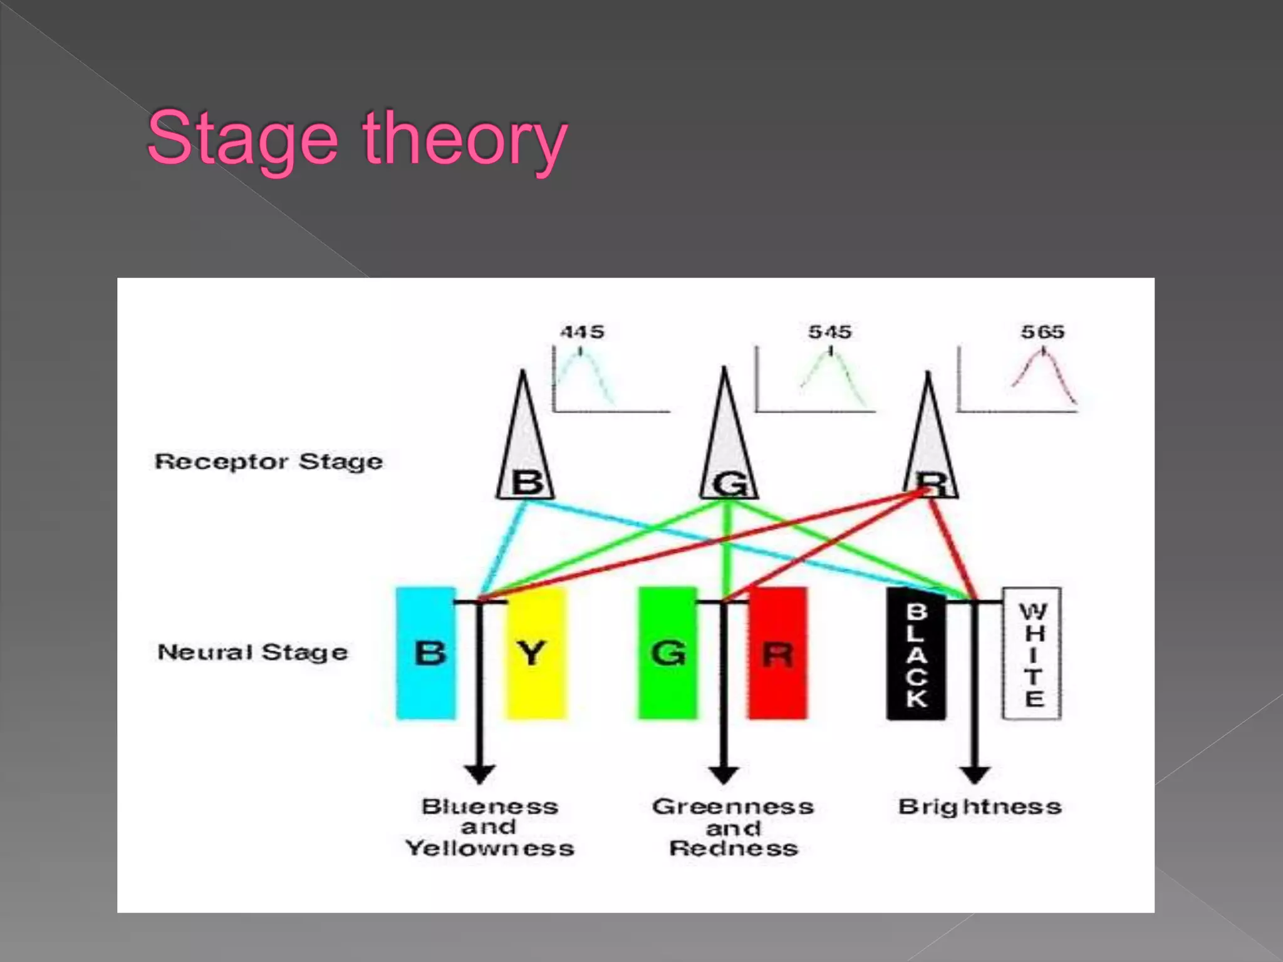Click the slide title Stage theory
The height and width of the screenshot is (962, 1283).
coord(356,139)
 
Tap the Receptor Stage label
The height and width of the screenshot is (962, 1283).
coord(269,462)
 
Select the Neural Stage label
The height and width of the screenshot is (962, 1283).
coord(252,652)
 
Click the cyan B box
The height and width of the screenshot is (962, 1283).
coord(426,653)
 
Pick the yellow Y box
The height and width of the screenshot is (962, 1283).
coord(536,653)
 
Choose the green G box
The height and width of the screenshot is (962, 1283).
coord(667,653)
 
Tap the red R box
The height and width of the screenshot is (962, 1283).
coord(777,653)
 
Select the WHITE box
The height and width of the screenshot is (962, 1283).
coord(1032,653)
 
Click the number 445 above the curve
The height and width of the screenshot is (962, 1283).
coord(582,331)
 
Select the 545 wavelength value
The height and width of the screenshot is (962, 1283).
coord(830,331)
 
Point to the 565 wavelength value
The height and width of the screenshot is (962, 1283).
coord(1042,331)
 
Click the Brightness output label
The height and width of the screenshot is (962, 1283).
coord(980,807)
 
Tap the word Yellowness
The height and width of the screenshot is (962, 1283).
coord(489,849)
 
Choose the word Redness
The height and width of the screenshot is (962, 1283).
coord(734,849)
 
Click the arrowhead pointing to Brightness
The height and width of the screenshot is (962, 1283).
coord(975,774)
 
